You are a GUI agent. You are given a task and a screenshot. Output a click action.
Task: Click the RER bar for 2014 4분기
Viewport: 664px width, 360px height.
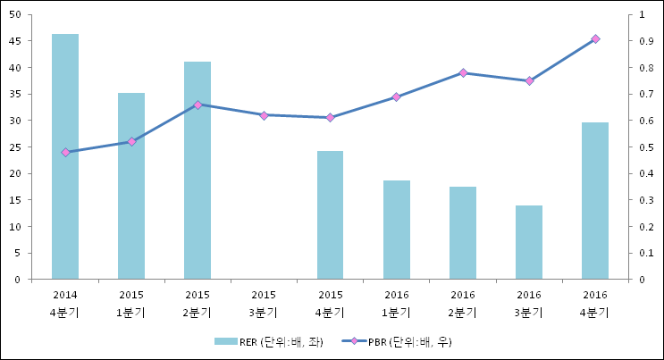pos(65,156)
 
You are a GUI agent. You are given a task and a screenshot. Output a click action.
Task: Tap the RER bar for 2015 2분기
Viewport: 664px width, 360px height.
pos(198,170)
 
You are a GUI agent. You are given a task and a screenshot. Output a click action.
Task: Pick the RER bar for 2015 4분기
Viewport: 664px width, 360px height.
pos(330,214)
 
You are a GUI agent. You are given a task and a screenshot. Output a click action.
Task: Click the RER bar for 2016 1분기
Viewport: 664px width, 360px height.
pos(396,230)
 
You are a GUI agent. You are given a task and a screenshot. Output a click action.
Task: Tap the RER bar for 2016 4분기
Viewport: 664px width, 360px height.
pos(595,201)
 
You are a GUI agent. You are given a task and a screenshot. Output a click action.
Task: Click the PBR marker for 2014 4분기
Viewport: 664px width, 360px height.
pos(65,153)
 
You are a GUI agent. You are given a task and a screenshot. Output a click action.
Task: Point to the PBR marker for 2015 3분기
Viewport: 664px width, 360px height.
pos(264,115)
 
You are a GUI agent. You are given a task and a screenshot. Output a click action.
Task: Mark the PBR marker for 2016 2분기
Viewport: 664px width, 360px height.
pos(463,73)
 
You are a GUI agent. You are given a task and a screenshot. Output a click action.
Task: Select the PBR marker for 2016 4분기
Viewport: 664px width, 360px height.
pos(595,39)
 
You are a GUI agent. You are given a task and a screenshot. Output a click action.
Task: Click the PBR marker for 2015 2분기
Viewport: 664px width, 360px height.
pos(198,105)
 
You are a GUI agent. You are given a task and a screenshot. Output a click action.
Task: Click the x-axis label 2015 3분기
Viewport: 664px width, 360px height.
pos(264,304)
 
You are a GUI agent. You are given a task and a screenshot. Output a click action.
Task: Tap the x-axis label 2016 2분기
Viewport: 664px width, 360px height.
pos(463,304)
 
